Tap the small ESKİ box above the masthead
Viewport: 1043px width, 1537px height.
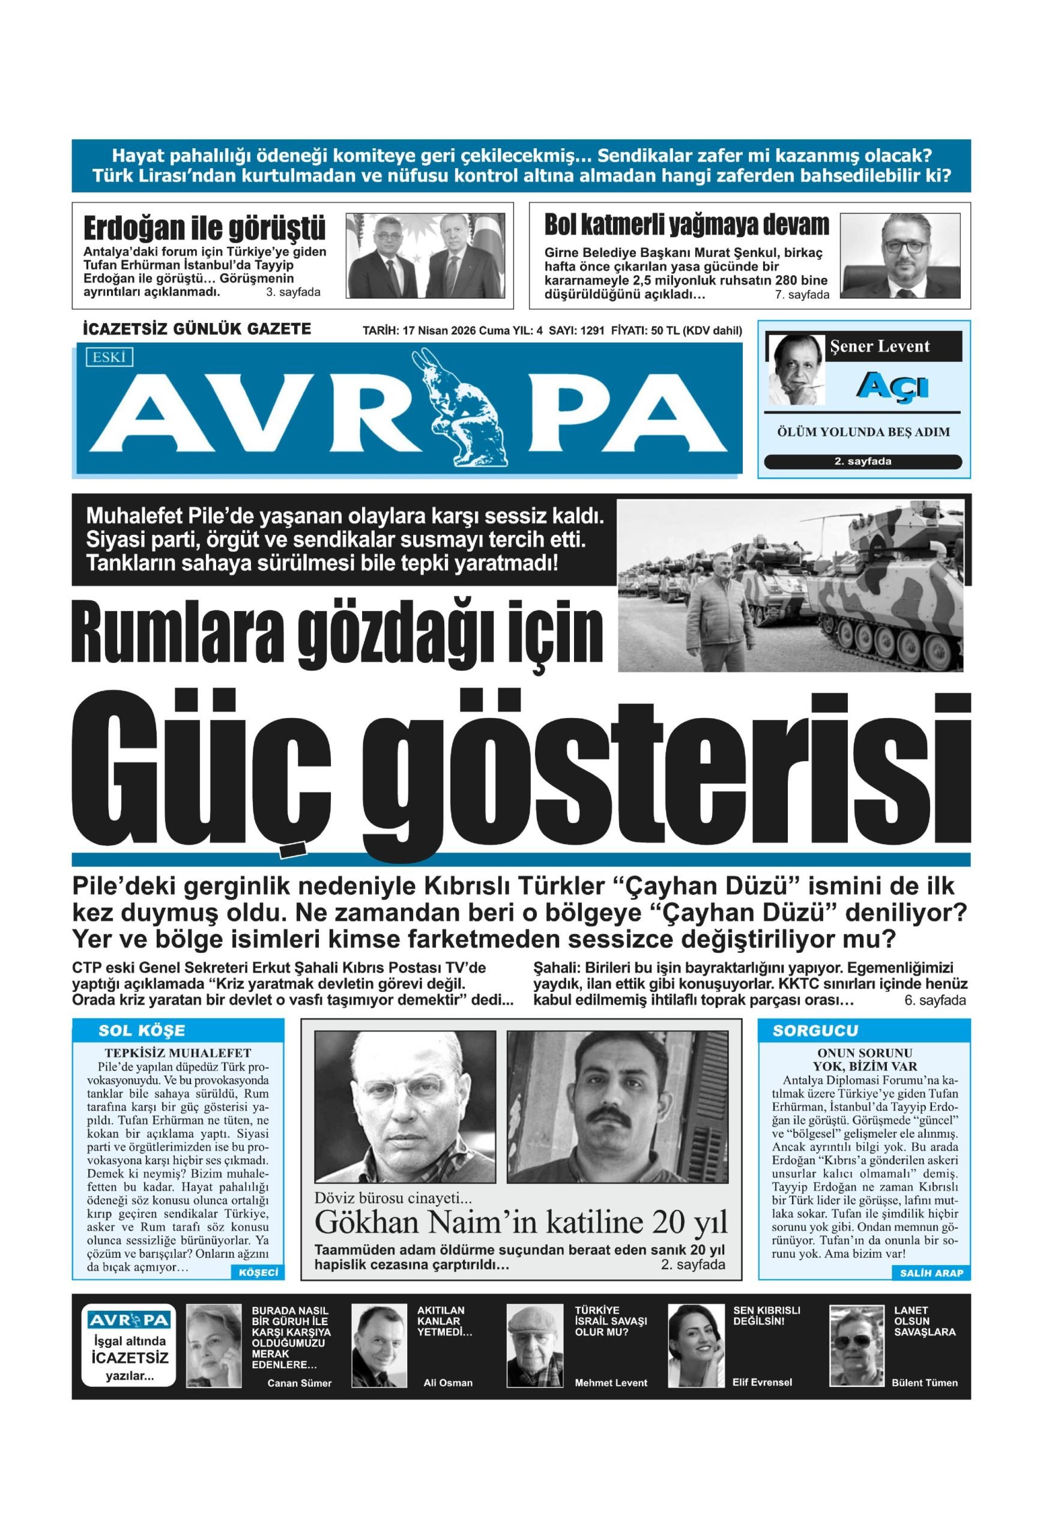click(x=109, y=358)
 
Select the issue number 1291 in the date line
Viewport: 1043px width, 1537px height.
click(x=592, y=331)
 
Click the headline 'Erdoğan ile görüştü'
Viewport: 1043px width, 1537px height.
click(x=204, y=229)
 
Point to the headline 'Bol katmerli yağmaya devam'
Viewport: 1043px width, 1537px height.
click(x=686, y=225)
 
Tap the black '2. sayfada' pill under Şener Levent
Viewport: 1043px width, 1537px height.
click(x=862, y=462)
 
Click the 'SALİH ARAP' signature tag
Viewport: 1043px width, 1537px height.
click(x=931, y=1273)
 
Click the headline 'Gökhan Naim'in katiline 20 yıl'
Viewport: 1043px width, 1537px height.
click(x=521, y=1222)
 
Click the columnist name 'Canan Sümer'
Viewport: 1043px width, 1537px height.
click(x=299, y=1383)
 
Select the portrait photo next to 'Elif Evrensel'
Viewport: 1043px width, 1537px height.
click(x=696, y=1346)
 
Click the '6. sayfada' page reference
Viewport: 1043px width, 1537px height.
click(x=934, y=1001)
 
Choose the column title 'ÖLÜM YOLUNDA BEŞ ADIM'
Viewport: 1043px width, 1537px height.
click(x=863, y=432)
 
